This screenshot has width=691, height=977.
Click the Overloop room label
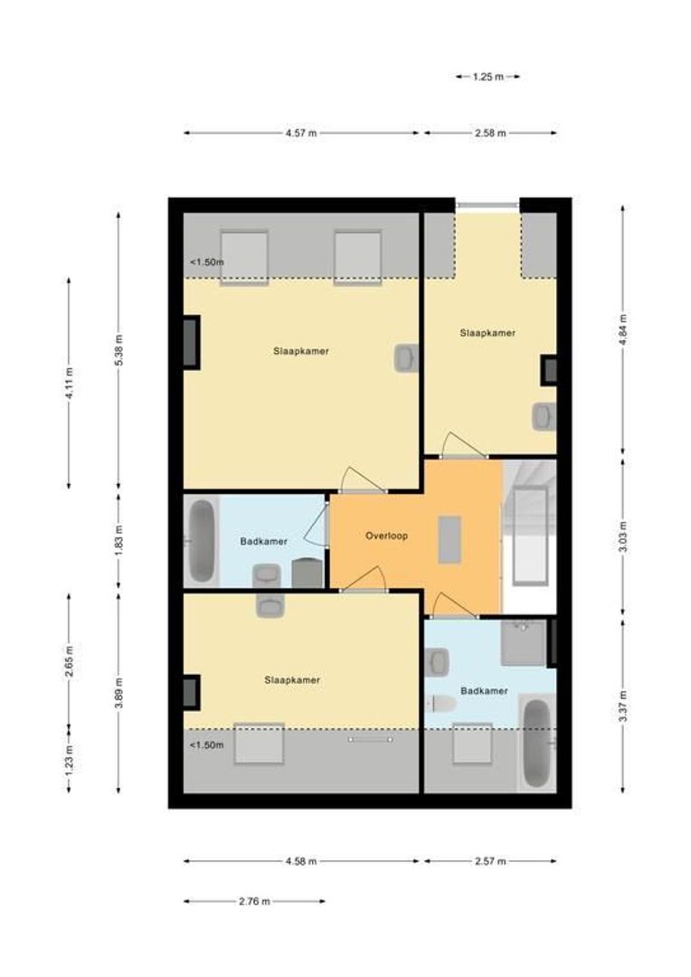pos(386,536)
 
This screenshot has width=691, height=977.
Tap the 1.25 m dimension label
pos(487,78)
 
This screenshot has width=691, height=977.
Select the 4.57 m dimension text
pos(301,133)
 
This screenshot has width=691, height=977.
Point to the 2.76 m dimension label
pos(254,901)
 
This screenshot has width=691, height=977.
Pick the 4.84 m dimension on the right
pos(623,329)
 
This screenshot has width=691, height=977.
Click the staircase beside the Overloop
pos(529,534)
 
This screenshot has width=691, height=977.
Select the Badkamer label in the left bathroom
pos(264,542)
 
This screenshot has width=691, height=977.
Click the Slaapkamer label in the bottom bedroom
pos(292,680)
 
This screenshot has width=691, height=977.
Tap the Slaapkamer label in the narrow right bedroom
pos(487,333)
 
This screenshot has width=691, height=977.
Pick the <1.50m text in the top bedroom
pos(206,263)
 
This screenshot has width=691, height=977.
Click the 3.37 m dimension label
pos(623,702)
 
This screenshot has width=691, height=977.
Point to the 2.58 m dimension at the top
pos(489,133)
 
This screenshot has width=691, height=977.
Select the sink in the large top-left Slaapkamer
pos(406,358)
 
